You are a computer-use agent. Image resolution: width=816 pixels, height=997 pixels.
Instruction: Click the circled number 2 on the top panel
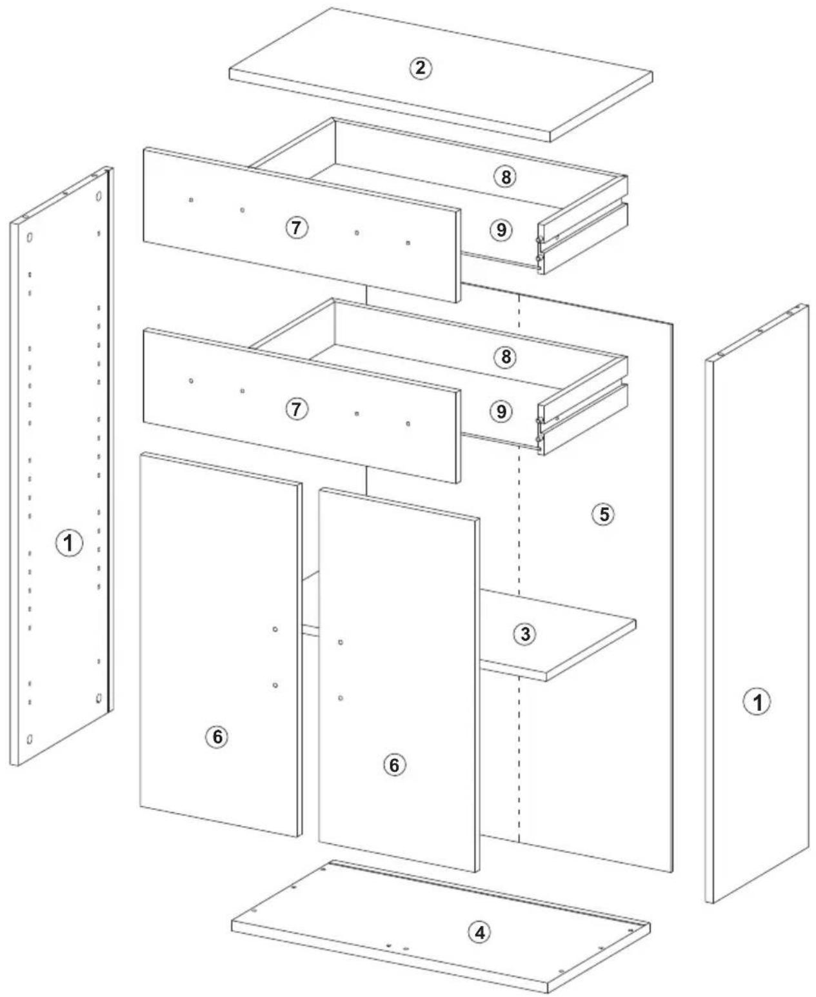pos(420,68)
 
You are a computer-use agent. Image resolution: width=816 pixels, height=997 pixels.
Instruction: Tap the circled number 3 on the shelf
pos(524,634)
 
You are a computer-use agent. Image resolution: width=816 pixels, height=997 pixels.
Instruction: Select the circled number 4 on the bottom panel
pos(479,932)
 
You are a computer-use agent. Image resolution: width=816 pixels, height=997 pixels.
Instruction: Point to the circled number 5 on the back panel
pos(604,514)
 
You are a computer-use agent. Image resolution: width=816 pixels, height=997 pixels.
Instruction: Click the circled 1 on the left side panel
pos(70,543)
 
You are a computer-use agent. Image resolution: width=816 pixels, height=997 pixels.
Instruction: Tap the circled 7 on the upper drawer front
pos(296,228)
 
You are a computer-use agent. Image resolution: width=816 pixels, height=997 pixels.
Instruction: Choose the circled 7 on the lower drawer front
pos(296,409)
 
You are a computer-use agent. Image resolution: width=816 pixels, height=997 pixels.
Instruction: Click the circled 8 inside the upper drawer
pos(506,177)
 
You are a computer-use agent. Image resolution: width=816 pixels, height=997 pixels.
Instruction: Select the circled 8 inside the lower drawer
pos(506,357)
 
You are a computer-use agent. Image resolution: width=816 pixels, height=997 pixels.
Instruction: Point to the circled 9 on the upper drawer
pos(501,230)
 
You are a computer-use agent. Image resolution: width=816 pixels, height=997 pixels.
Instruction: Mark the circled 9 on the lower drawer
pos(501,411)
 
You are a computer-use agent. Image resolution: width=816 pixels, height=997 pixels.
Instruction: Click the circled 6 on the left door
pos(217,736)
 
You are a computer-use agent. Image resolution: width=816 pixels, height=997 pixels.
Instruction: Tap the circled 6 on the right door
pos(394,765)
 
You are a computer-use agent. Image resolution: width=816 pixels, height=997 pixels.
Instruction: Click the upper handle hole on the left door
pos(275,629)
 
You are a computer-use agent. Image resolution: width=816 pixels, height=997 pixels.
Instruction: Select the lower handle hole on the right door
pos(341,698)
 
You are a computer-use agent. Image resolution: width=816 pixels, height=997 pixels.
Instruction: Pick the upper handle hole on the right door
pos(341,642)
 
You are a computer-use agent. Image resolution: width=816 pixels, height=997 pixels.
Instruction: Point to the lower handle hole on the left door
pos(275,685)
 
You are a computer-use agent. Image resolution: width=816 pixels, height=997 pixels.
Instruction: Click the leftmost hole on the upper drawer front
pos(191,200)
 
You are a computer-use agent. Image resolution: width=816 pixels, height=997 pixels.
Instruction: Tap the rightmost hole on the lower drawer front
pos(408,423)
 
